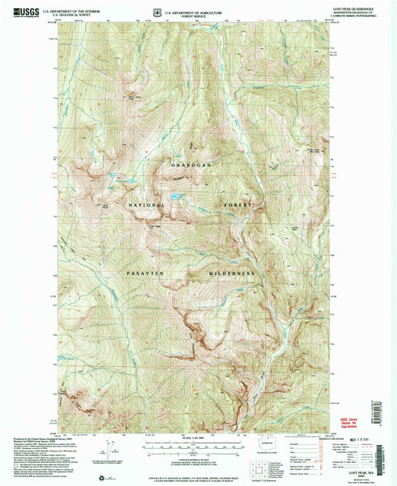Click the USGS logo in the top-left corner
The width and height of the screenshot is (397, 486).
(x=22, y=13)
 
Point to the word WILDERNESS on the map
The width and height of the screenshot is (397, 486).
(x=231, y=274)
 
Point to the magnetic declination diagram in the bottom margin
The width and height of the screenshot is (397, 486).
(x=109, y=447)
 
